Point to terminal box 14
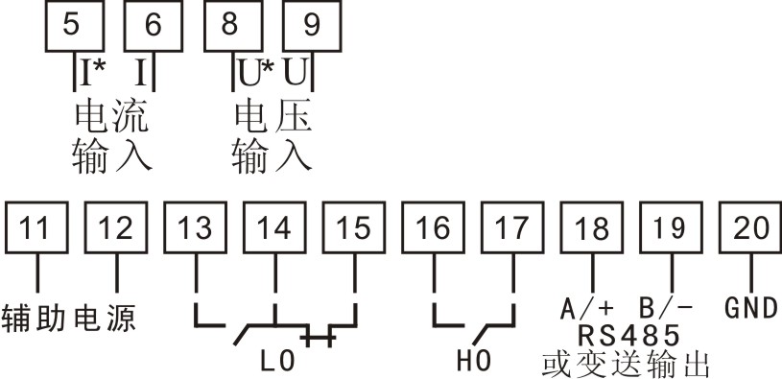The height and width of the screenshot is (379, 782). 275,228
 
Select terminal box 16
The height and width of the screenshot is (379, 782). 435,228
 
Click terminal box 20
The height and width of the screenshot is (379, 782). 752,228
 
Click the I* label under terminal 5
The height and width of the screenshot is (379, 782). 93,73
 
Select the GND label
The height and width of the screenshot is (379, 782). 750,309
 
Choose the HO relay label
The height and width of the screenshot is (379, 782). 473,364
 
